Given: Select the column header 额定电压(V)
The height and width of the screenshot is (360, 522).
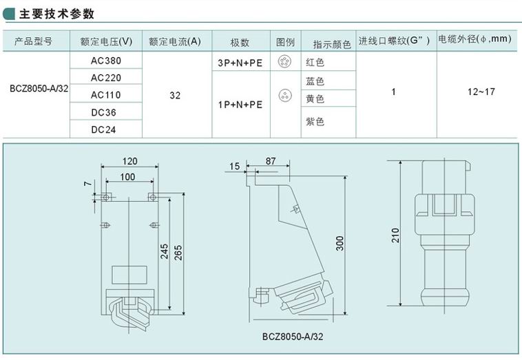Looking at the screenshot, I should pos(106,42).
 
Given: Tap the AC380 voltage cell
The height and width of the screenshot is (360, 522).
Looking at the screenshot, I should pos(106,61).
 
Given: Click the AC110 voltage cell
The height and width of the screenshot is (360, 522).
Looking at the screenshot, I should pos(106,95).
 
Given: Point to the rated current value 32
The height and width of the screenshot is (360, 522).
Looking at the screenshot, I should pos(175,95).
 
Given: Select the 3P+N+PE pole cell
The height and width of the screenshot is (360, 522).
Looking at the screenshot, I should pos(240,63).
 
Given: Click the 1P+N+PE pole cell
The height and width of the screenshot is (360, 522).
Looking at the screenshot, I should pos(240,105).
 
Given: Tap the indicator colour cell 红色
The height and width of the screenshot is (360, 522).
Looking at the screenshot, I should pos(315,63).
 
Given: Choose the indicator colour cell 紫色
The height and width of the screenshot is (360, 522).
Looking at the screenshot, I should pos(315,122).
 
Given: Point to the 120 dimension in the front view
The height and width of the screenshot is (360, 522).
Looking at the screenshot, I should pos(129,161).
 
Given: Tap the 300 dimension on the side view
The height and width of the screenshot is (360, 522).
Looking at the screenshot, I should pos(340,243).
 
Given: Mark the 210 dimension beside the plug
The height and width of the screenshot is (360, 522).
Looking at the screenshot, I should pos(395,235).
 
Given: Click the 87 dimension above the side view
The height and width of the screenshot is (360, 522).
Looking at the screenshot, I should pos(270,160).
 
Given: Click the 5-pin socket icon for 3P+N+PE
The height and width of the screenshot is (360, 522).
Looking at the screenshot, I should pos(282,62).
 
